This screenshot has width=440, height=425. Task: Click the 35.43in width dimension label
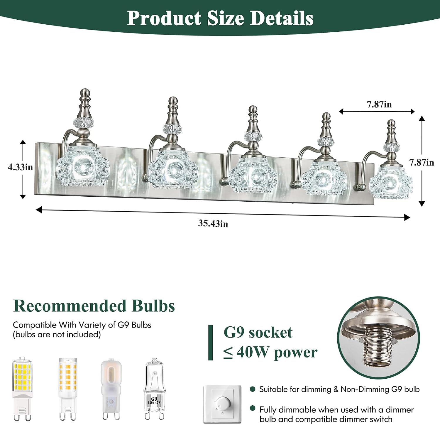(213, 223)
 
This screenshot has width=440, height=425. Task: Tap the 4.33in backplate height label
(20, 167)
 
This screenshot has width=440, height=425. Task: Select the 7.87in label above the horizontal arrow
(379, 104)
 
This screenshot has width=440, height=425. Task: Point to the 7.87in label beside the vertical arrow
(422, 162)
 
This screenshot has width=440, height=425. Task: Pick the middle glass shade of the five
(253, 175)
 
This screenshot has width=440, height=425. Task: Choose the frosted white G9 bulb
(111, 389)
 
